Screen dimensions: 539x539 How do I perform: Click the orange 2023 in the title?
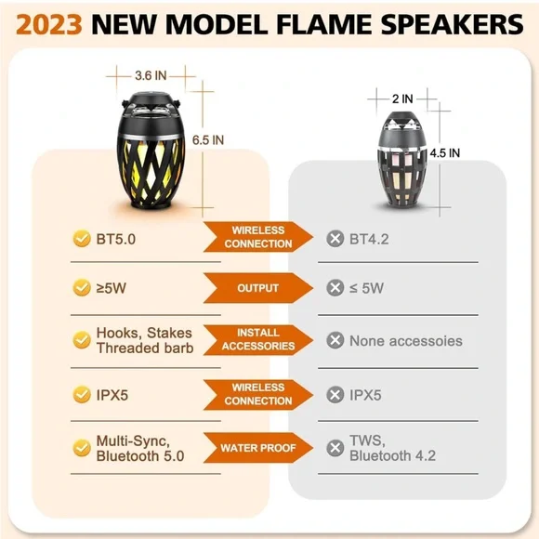click(49, 25)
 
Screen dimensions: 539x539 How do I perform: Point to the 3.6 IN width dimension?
click(151, 75)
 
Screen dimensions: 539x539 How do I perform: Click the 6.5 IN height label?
click(208, 140)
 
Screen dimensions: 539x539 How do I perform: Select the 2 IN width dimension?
click(402, 99)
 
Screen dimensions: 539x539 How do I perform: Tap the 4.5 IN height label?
click(445, 153)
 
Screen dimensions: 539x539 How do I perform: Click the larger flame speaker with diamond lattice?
click(151, 150)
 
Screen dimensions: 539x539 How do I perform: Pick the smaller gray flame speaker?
click(402, 160)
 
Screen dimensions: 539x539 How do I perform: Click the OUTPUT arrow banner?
click(258, 288)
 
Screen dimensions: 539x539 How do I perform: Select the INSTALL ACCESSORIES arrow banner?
click(258, 339)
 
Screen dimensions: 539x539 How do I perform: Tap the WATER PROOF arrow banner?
click(258, 448)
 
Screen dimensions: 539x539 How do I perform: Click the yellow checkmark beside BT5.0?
click(82, 239)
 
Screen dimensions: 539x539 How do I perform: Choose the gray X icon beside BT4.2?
click(335, 239)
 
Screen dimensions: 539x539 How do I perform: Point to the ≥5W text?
click(111, 288)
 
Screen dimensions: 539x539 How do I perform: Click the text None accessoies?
click(406, 341)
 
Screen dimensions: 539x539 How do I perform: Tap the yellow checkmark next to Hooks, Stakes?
click(82, 340)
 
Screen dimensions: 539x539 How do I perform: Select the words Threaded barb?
click(145, 348)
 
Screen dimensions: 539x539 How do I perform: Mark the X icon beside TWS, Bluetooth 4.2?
click(335, 448)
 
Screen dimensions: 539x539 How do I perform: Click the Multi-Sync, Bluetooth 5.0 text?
click(140, 448)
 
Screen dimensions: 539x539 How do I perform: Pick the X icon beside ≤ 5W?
click(335, 288)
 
